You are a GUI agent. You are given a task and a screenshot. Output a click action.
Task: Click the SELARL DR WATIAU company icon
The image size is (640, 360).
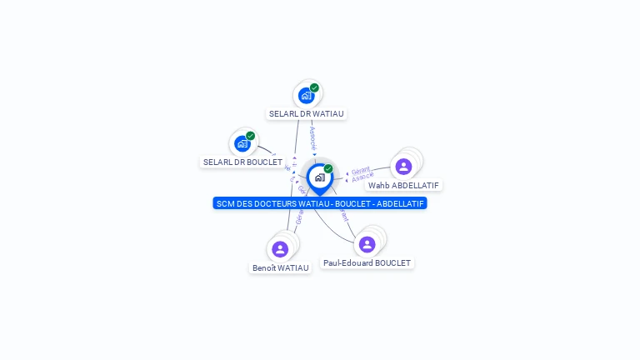coord(306,95)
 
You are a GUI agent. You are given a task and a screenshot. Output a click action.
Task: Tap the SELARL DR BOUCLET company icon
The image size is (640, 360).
coord(242,143)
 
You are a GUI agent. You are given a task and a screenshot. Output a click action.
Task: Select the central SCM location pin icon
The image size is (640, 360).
coord(319,177)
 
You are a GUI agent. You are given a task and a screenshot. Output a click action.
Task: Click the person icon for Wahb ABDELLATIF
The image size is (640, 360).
coord(403,166)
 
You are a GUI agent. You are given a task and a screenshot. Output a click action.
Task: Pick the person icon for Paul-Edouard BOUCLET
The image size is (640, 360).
coord(367,244)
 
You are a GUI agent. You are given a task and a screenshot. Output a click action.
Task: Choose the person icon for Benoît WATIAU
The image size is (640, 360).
coord(280,249)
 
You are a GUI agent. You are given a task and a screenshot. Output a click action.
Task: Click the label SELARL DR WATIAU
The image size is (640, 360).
coord(307,113)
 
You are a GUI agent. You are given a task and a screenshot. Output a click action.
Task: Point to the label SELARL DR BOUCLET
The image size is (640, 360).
coord(242,162)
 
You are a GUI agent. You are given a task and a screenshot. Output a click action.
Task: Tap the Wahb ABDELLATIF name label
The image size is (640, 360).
coord(403,185)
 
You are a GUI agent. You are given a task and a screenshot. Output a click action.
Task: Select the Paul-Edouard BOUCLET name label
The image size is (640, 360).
coord(367,262)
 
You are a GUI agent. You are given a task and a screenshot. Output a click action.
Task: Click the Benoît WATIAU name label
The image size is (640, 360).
coord(280,267)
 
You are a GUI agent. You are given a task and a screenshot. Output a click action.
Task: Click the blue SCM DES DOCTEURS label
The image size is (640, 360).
coord(320,203)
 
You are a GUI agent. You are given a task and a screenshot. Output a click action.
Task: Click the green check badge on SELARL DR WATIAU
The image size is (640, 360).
coord(314,87)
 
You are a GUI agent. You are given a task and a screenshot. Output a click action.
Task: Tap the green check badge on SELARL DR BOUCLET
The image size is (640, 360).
coord(250,136)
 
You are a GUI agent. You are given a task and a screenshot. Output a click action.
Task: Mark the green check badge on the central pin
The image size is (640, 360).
coord(328,168)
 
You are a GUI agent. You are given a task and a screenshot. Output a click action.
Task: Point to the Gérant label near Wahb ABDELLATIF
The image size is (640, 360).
coord(360,170)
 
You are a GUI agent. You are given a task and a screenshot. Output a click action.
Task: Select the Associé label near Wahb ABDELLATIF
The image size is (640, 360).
coord(362,177)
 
